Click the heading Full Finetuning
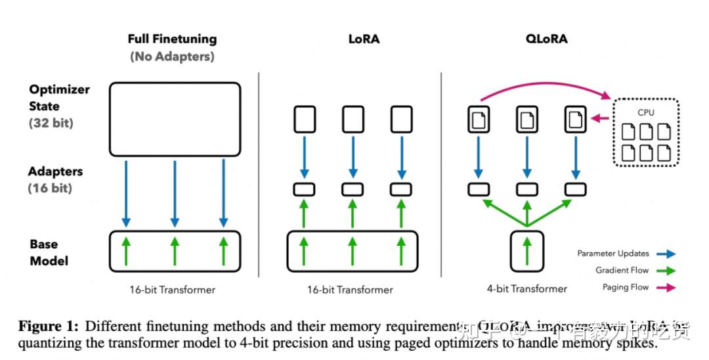(172, 39)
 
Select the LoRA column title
(364, 39)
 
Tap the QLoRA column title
(546, 39)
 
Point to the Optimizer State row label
(59, 98)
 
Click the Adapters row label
(56, 171)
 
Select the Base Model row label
(49, 252)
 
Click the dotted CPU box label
(646, 112)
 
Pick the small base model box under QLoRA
(526, 251)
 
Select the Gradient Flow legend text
(622, 271)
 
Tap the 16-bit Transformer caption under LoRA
(350, 289)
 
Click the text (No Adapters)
(172, 56)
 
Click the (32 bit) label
(51, 123)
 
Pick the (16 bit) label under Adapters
(50, 189)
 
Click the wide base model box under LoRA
(352, 251)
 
